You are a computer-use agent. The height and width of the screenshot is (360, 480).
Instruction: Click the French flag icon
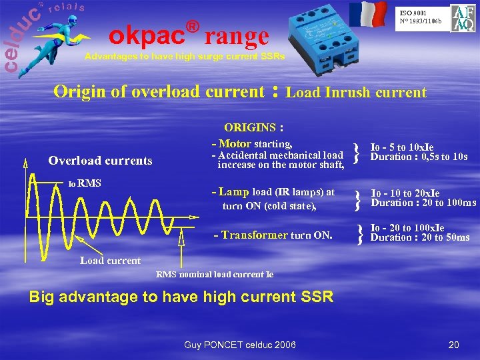[367, 15]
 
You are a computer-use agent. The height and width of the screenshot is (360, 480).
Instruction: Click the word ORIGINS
[250, 127]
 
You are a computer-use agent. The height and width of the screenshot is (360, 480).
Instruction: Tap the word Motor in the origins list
[235, 143]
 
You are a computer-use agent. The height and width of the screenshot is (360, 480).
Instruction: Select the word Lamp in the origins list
[234, 192]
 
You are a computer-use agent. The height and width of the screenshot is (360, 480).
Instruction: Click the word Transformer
[255, 235]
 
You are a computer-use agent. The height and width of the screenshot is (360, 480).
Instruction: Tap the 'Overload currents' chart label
[100, 160]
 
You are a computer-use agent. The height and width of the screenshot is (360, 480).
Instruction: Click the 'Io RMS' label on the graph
[85, 184]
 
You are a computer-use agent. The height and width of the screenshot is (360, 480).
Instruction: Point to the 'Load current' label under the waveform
[110, 261]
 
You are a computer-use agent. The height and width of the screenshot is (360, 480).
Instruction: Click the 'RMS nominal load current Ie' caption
[215, 274]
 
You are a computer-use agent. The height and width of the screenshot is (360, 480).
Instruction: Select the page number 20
[454, 344]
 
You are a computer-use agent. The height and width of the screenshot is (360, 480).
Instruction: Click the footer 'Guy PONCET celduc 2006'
[241, 344]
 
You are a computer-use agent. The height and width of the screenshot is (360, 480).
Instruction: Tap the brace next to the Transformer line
[360, 233]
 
